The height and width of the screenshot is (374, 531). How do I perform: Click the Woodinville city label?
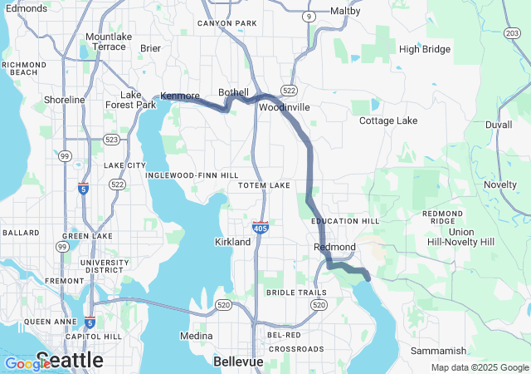284,108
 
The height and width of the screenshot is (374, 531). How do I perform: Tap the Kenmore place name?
180,96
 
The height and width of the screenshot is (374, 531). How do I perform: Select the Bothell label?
233,92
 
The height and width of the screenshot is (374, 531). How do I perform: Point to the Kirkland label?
232,242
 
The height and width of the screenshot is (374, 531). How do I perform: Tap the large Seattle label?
70,361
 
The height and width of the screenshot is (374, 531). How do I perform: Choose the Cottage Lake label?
388,121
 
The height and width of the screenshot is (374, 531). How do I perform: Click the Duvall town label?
499,124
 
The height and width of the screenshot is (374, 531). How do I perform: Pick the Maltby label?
345,12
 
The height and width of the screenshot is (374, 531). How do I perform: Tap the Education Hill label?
345,221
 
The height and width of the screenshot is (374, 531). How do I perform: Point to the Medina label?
197,337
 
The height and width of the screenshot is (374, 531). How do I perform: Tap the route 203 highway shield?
512,32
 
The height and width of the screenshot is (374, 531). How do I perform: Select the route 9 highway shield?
309,16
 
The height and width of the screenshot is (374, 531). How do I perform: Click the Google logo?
27,363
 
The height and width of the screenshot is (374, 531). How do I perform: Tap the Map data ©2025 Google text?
480,367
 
